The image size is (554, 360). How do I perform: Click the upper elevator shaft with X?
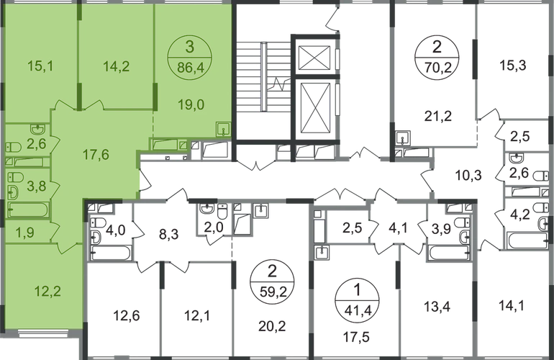pyautogui.click(x=314, y=54)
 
